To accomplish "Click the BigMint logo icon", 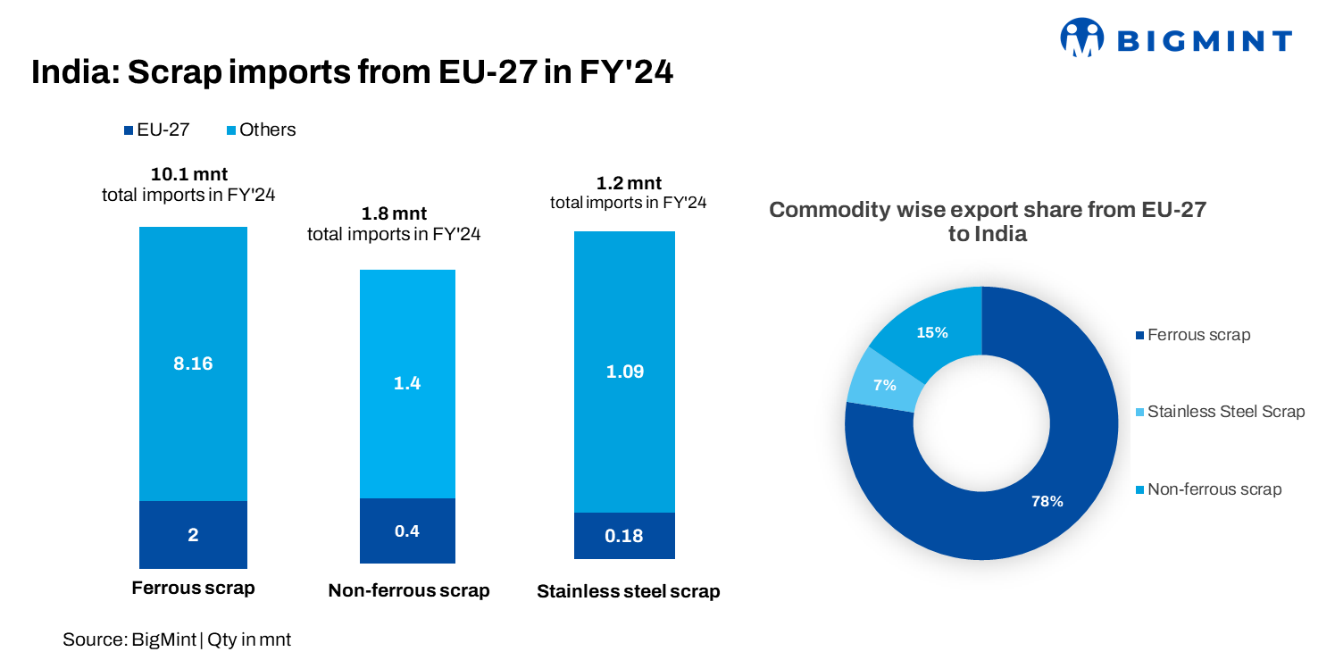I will point(1081,38).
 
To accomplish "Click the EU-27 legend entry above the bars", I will point(157,129).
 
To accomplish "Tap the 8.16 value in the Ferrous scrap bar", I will point(193,363).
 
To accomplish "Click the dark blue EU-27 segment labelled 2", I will point(193,535).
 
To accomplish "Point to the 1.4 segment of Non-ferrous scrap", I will point(407,383).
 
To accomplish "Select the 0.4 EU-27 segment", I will point(407,531).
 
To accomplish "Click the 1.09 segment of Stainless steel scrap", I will point(624,372).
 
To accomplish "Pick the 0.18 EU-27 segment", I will point(624,536).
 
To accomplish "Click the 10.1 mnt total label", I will point(188,174).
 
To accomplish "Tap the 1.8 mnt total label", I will point(394,214).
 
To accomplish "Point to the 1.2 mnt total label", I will point(629,183).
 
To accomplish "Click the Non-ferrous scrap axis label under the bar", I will point(408,590).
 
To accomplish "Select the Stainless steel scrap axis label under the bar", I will point(628,592).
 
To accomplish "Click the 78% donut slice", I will point(1047,501).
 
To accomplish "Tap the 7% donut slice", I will point(884,385).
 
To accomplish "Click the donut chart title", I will point(987,222).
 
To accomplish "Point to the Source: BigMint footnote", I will point(177,639).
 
